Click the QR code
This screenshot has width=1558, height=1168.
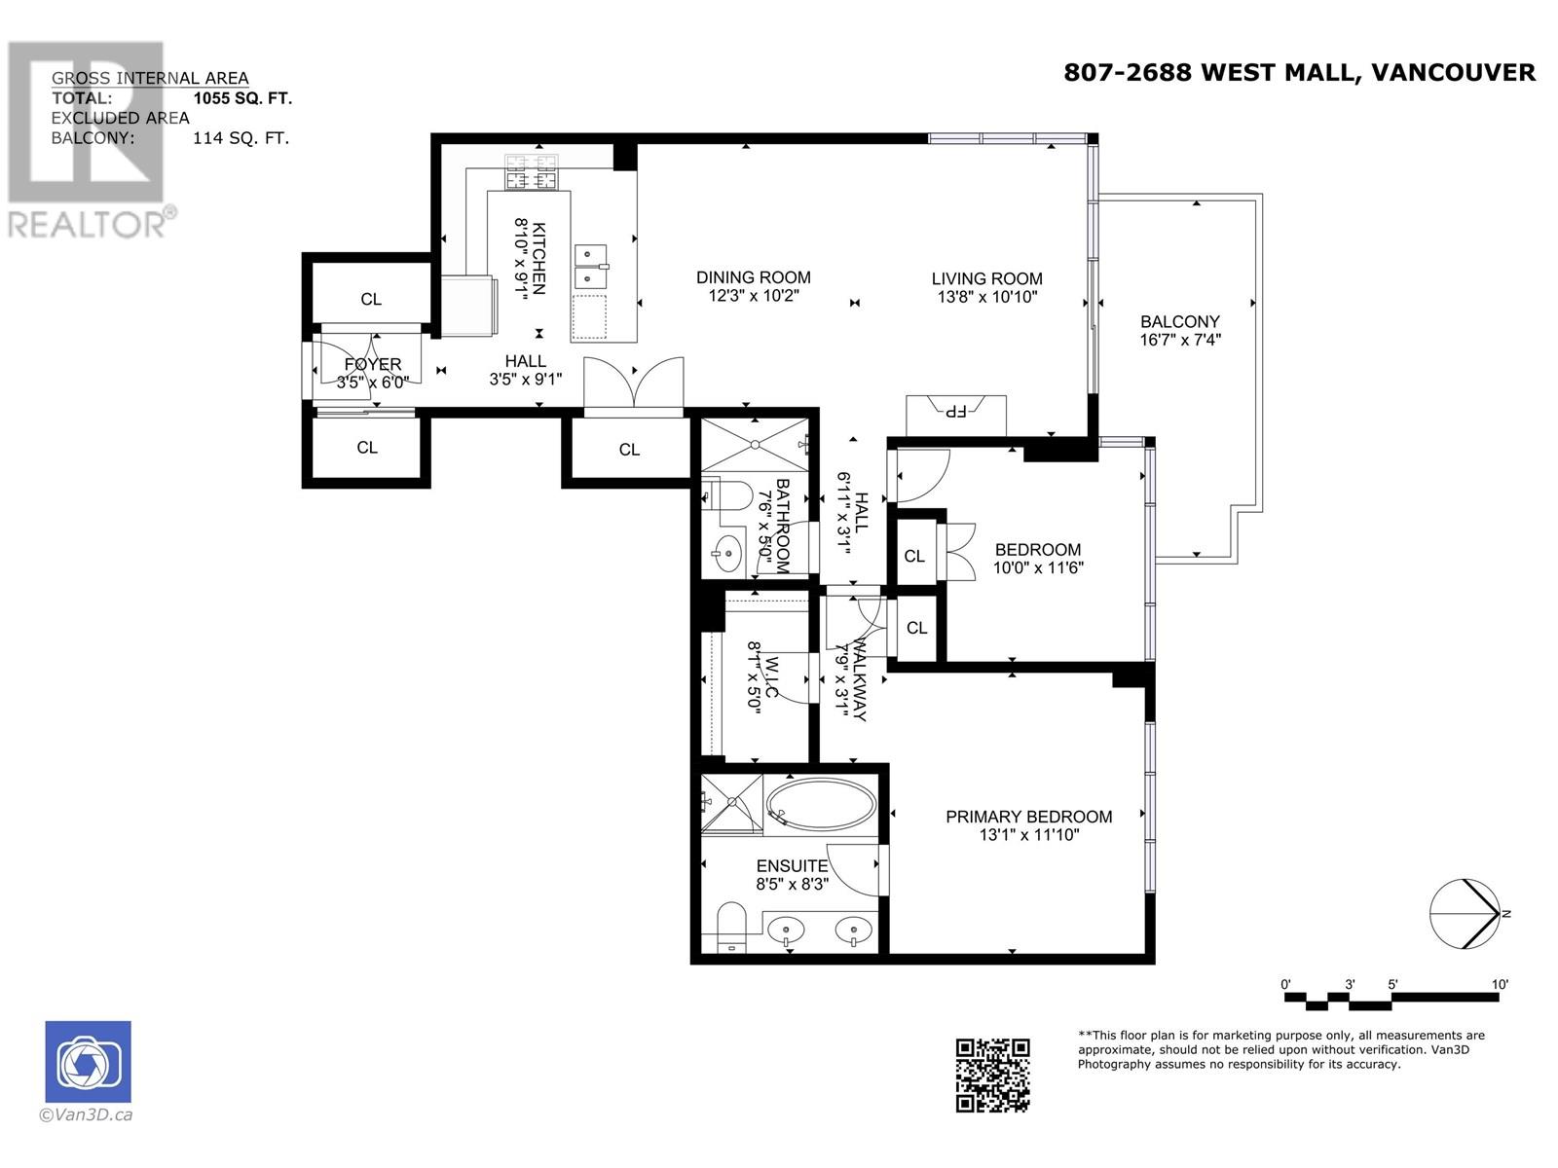click(992, 1076)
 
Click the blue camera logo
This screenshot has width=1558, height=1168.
click(88, 1062)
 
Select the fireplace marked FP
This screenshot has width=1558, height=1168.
click(956, 415)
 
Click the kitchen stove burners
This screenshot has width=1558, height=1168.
click(531, 172)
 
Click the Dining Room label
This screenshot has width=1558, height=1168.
click(753, 277)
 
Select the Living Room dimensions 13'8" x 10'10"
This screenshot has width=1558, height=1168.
click(987, 297)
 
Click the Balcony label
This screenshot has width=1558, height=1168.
click(1179, 321)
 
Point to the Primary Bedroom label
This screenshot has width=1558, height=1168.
click(1029, 817)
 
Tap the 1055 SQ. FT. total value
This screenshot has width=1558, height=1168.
click(242, 98)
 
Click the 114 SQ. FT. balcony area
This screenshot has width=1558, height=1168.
click(241, 137)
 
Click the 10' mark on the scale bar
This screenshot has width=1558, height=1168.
click(1499, 984)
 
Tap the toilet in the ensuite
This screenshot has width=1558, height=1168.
click(732, 927)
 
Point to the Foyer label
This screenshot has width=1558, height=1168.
click(373, 364)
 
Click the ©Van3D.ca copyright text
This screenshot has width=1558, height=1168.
click(86, 1114)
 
